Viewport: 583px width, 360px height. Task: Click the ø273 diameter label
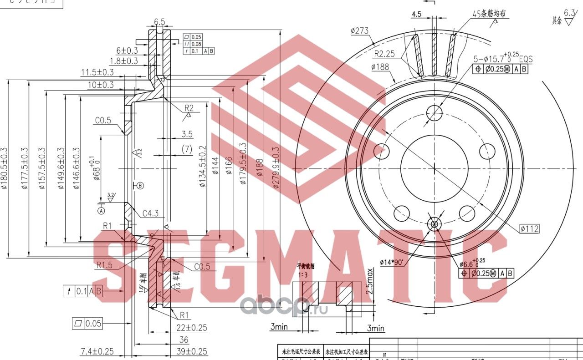359,31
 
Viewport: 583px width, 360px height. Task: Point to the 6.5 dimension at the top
159,21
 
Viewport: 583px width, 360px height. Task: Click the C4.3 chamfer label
150,213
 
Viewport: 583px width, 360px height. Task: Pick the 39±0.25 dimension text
192,351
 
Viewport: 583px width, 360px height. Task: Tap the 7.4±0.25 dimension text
97,351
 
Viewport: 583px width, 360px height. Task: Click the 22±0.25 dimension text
192,327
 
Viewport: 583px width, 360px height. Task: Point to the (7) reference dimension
187,149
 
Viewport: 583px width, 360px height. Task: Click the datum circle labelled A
101,210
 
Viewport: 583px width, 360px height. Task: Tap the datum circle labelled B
139,185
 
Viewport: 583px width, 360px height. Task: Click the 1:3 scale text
303,275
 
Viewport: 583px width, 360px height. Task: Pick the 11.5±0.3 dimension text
97,72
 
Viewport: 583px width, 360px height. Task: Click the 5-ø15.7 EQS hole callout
503,59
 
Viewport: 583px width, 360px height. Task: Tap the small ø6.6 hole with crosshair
434,223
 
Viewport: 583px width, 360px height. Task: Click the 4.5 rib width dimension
416,14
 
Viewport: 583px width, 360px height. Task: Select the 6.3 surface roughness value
569,12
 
